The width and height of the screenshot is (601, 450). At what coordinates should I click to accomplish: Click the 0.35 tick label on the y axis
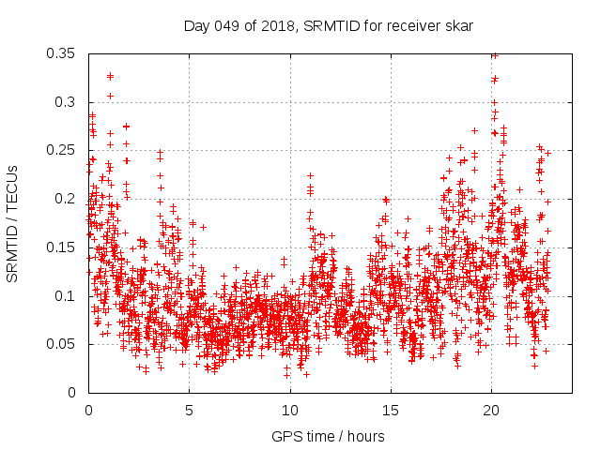62,53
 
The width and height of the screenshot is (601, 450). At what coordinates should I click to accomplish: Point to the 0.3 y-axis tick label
66,101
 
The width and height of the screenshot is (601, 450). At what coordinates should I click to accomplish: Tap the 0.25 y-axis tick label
62,150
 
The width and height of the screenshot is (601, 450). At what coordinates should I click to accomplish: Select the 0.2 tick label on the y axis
66,199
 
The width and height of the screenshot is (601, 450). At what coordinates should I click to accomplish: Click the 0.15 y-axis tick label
62,247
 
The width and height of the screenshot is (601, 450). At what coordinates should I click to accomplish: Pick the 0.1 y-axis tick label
66,295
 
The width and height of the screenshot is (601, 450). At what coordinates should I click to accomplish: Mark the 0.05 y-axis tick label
62,344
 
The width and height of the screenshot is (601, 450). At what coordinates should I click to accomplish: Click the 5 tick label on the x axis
189,410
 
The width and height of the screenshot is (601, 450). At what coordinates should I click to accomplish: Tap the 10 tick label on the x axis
289,410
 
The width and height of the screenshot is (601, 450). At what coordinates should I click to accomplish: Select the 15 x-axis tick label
390,410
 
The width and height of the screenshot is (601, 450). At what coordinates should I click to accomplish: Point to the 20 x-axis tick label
490,410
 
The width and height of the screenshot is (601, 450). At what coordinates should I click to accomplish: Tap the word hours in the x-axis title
363,436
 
